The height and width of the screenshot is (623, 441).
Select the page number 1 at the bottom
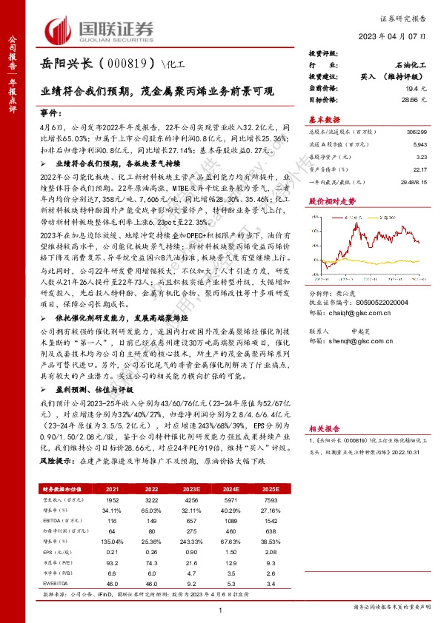pos(220,609)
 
